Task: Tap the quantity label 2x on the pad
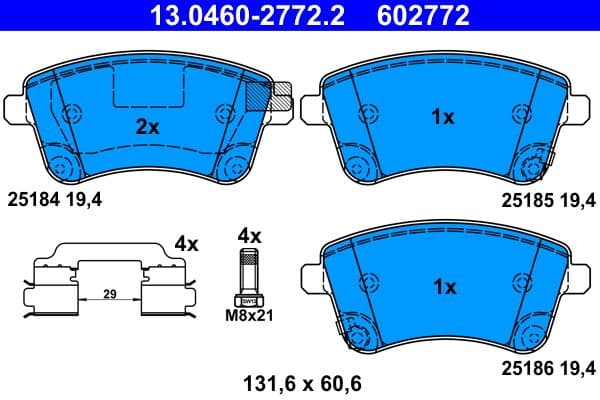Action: point(148,127)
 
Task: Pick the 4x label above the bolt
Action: point(248,236)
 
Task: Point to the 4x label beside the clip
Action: point(186,243)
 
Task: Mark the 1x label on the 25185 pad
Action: point(442,118)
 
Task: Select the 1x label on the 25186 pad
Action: point(442,287)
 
